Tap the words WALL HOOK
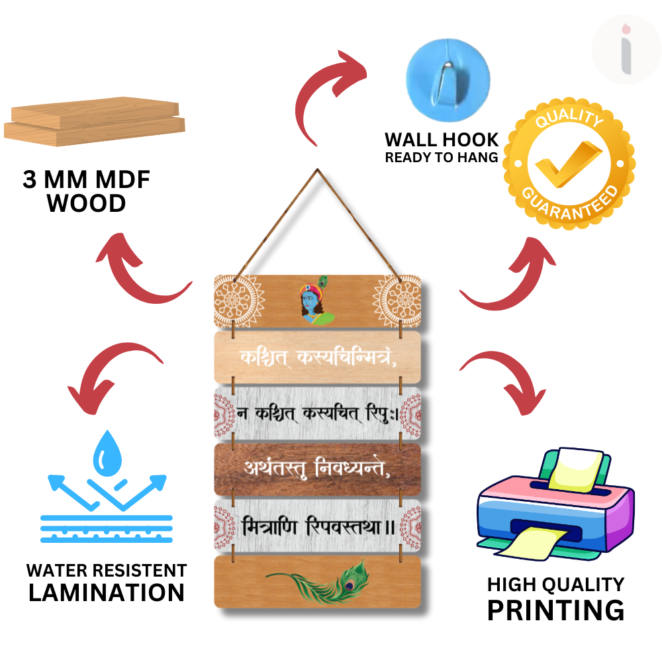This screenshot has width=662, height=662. [442, 140]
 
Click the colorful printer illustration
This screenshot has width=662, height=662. [556, 503]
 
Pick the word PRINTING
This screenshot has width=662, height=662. [555, 609]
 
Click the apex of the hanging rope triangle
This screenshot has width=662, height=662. [316, 170]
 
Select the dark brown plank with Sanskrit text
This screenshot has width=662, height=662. [318, 469]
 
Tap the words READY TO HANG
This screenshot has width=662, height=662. [442, 158]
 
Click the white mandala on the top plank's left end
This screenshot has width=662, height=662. [236, 301]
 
